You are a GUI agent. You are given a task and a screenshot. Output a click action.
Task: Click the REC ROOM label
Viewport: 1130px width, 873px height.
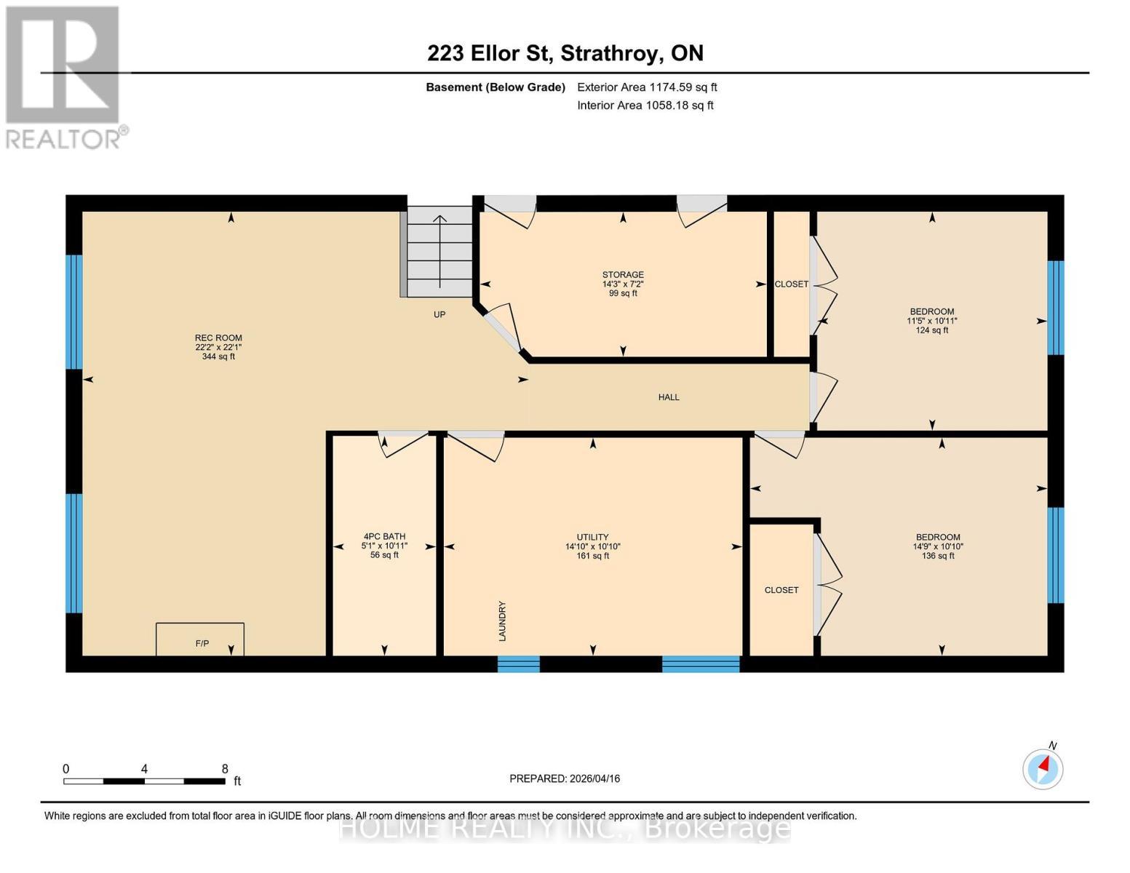218,347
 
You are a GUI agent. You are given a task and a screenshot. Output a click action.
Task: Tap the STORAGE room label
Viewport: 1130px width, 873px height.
623,284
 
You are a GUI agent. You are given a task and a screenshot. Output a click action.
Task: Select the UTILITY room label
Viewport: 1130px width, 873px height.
592,546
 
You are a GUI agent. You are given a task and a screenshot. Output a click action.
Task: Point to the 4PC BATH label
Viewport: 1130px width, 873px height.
384,546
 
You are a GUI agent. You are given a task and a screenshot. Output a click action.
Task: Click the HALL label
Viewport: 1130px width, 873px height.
669,397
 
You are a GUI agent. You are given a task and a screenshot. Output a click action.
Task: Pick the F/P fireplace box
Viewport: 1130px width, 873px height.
200,639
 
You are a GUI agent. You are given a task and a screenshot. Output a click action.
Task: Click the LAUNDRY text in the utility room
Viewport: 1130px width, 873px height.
502,621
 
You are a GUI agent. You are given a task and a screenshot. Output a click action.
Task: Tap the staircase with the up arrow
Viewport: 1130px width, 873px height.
440,252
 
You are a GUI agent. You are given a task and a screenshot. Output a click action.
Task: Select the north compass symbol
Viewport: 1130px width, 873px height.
1043,768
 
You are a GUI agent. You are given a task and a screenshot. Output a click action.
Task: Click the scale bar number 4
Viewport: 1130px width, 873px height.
144,768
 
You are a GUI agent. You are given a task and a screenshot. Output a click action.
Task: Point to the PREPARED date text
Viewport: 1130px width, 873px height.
565,778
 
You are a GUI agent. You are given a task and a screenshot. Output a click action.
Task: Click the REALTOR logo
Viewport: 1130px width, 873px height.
65,78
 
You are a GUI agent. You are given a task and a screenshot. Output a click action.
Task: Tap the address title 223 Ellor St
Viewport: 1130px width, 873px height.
489,53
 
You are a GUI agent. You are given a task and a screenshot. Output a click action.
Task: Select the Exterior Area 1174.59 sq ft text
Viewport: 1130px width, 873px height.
647,87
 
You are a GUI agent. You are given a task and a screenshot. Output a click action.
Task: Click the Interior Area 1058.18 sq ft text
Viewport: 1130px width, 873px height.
645,105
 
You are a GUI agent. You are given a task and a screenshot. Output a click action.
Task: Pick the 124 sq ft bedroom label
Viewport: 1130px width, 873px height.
932,321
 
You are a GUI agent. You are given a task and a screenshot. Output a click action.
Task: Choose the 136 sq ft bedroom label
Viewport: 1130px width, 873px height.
938,546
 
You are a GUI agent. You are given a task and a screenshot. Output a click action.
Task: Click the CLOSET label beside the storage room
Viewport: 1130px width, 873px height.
792,284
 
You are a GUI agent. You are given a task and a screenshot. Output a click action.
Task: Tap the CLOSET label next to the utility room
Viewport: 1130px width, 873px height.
781,590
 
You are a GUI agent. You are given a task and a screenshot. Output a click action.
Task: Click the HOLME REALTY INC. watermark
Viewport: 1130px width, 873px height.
565,829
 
